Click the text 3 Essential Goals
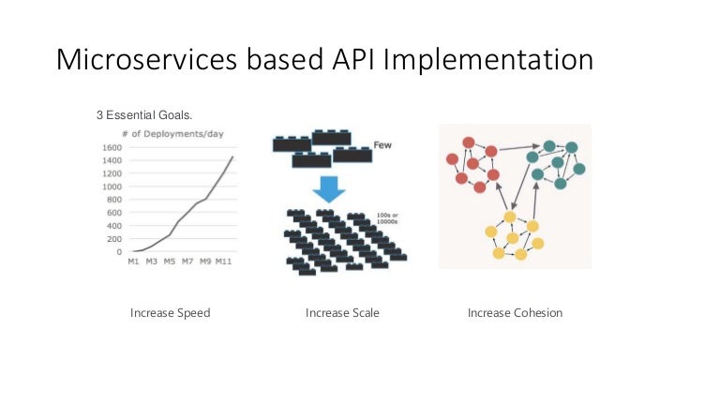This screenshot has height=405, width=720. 144,116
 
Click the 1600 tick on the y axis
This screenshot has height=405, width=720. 111,148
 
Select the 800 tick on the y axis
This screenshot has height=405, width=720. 113,200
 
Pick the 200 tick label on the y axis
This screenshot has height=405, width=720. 113,239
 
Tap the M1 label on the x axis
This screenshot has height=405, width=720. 134,262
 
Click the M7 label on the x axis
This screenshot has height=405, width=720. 187,262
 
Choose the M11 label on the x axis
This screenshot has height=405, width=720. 223,262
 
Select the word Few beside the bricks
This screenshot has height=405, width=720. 382,145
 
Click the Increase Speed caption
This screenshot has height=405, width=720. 170,312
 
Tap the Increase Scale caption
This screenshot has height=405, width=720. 342,312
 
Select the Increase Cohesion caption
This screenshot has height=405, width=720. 515,312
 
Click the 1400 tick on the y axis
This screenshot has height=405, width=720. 111,161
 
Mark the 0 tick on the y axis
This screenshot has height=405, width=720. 119,252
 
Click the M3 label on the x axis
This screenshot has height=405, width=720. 152,262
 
